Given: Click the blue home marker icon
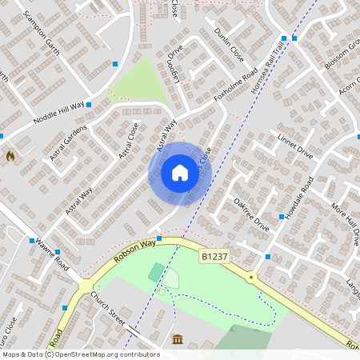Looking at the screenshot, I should click(x=179, y=173).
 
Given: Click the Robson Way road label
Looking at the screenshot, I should click(x=132, y=250).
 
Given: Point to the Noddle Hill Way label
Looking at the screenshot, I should click(x=59, y=111).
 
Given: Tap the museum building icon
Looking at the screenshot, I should click(x=176, y=341).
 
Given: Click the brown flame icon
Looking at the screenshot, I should click(x=10, y=156).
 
